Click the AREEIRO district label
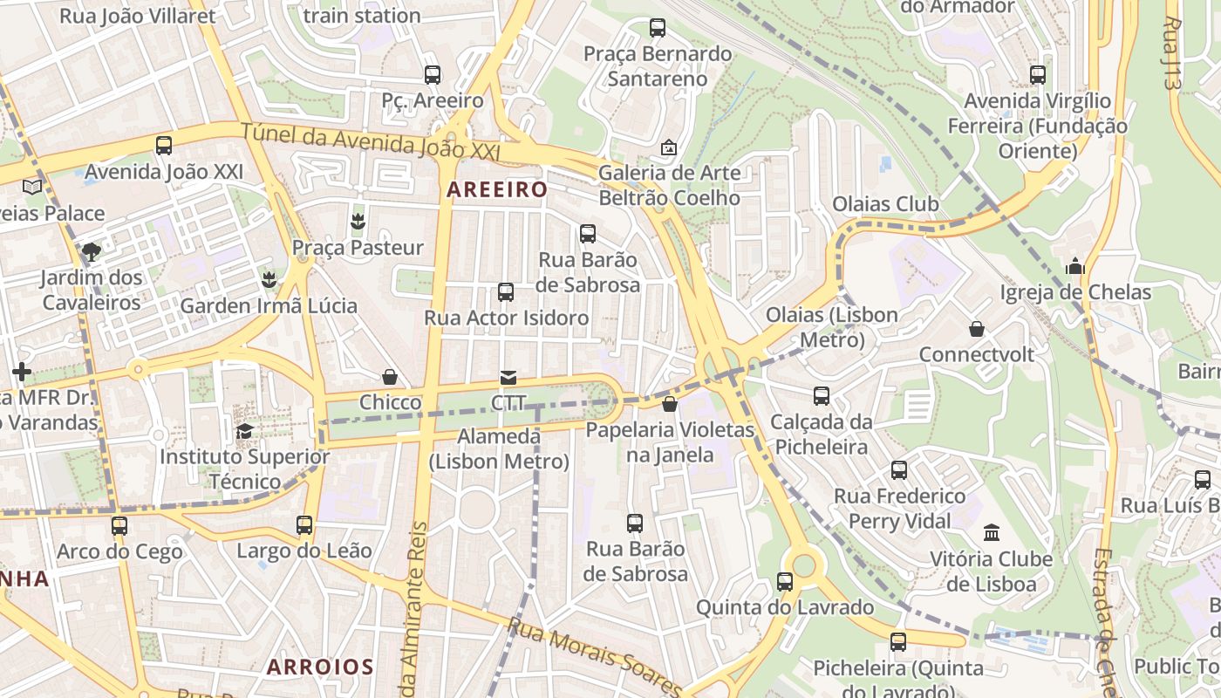(497, 189)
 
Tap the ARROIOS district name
(320, 667)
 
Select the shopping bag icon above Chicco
(390, 377)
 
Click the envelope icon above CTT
(508, 378)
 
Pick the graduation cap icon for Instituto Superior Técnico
(245, 431)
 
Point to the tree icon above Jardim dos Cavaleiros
(91, 253)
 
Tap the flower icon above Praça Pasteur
(357, 222)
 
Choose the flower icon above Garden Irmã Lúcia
(269, 280)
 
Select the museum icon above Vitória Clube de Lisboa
(992, 532)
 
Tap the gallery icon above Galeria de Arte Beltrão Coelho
(669, 147)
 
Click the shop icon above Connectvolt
(977, 329)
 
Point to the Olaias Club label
(885, 204)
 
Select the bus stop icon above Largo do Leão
(304, 525)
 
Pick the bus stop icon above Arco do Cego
(119, 526)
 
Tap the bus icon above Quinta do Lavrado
(785, 582)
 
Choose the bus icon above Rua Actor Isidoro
(506, 292)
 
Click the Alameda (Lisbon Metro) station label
(500, 448)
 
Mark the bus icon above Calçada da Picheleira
(822, 396)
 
